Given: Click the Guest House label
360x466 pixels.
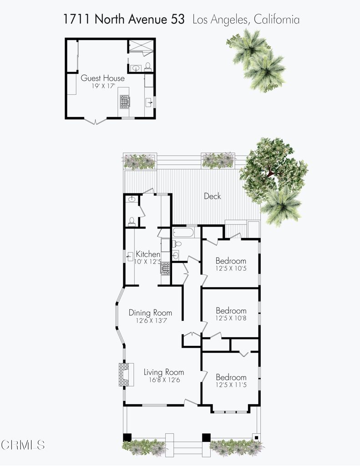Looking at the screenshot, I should [102, 78].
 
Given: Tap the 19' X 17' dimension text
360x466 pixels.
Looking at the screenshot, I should [102, 86].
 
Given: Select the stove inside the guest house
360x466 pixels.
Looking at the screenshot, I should [125, 101].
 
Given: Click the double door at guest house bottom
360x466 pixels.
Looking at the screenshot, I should [96, 120].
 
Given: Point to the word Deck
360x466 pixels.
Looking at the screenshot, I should [212, 196].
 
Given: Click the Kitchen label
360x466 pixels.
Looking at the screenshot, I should [148, 254].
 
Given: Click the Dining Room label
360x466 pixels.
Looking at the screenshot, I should [150, 313].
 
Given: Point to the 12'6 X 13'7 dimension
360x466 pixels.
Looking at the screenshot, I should [150, 320].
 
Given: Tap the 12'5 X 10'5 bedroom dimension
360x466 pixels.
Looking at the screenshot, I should [231, 269].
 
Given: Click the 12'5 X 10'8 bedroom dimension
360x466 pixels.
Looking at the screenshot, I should [231, 319].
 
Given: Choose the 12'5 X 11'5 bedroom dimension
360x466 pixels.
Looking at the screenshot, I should [231, 385].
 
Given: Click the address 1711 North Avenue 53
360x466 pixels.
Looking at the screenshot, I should [124, 20].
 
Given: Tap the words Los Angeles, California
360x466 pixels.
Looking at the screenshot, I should [246, 20].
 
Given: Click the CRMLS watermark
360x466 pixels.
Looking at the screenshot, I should [23, 444].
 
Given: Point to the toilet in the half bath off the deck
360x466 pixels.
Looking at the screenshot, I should [132, 222].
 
